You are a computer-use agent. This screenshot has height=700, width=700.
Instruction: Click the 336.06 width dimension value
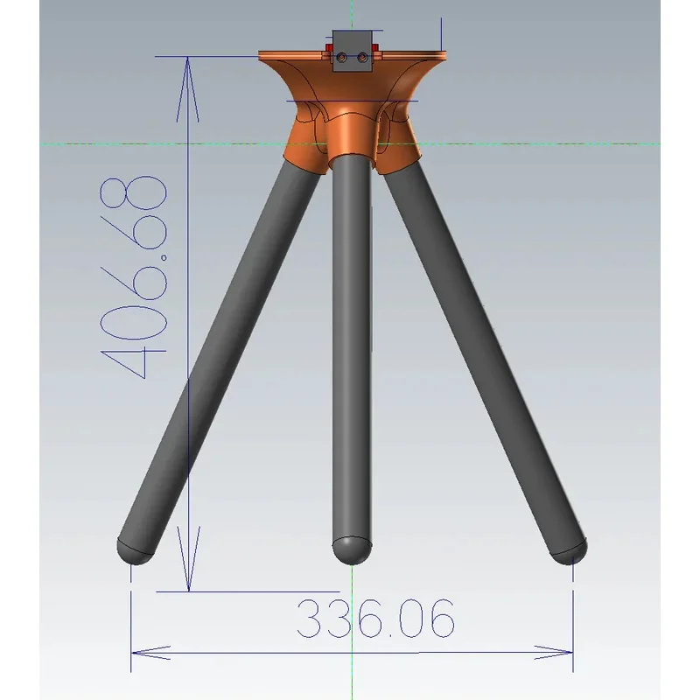pos(375,619)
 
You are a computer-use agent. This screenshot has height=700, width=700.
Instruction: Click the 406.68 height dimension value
pos(133,276)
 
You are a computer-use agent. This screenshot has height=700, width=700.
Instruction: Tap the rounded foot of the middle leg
pos(352,551)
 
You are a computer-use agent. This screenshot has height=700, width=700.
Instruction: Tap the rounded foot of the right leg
pos(569,551)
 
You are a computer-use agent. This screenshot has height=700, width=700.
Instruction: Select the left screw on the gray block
pos(341,57)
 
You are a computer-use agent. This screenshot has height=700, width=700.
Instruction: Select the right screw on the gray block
pos(362,57)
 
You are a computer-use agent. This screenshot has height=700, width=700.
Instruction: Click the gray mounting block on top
pos(352,51)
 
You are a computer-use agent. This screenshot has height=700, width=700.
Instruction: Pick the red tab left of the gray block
pos(329,47)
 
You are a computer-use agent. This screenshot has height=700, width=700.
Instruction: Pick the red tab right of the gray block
pos(375,47)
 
